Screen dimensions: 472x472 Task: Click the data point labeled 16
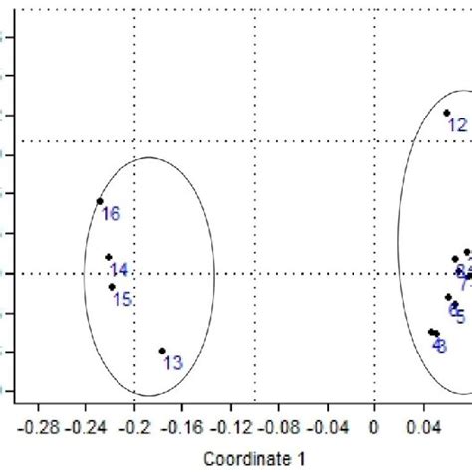tap(100, 201)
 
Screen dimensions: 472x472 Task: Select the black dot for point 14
tap(109, 257)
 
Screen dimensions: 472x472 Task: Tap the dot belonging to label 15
tap(112, 287)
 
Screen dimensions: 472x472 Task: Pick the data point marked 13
tap(162, 351)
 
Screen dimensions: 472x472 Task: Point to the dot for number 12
tap(446, 113)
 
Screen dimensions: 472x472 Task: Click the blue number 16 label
tap(111, 213)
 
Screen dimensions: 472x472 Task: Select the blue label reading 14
tap(119, 270)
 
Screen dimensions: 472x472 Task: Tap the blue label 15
tap(123, 299)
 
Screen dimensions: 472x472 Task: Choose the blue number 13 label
tap(173, 363)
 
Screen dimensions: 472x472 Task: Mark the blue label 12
tap(457, 125)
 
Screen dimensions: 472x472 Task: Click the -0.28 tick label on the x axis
tap(40, 428)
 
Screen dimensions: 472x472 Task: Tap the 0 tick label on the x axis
tap(374, 428)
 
